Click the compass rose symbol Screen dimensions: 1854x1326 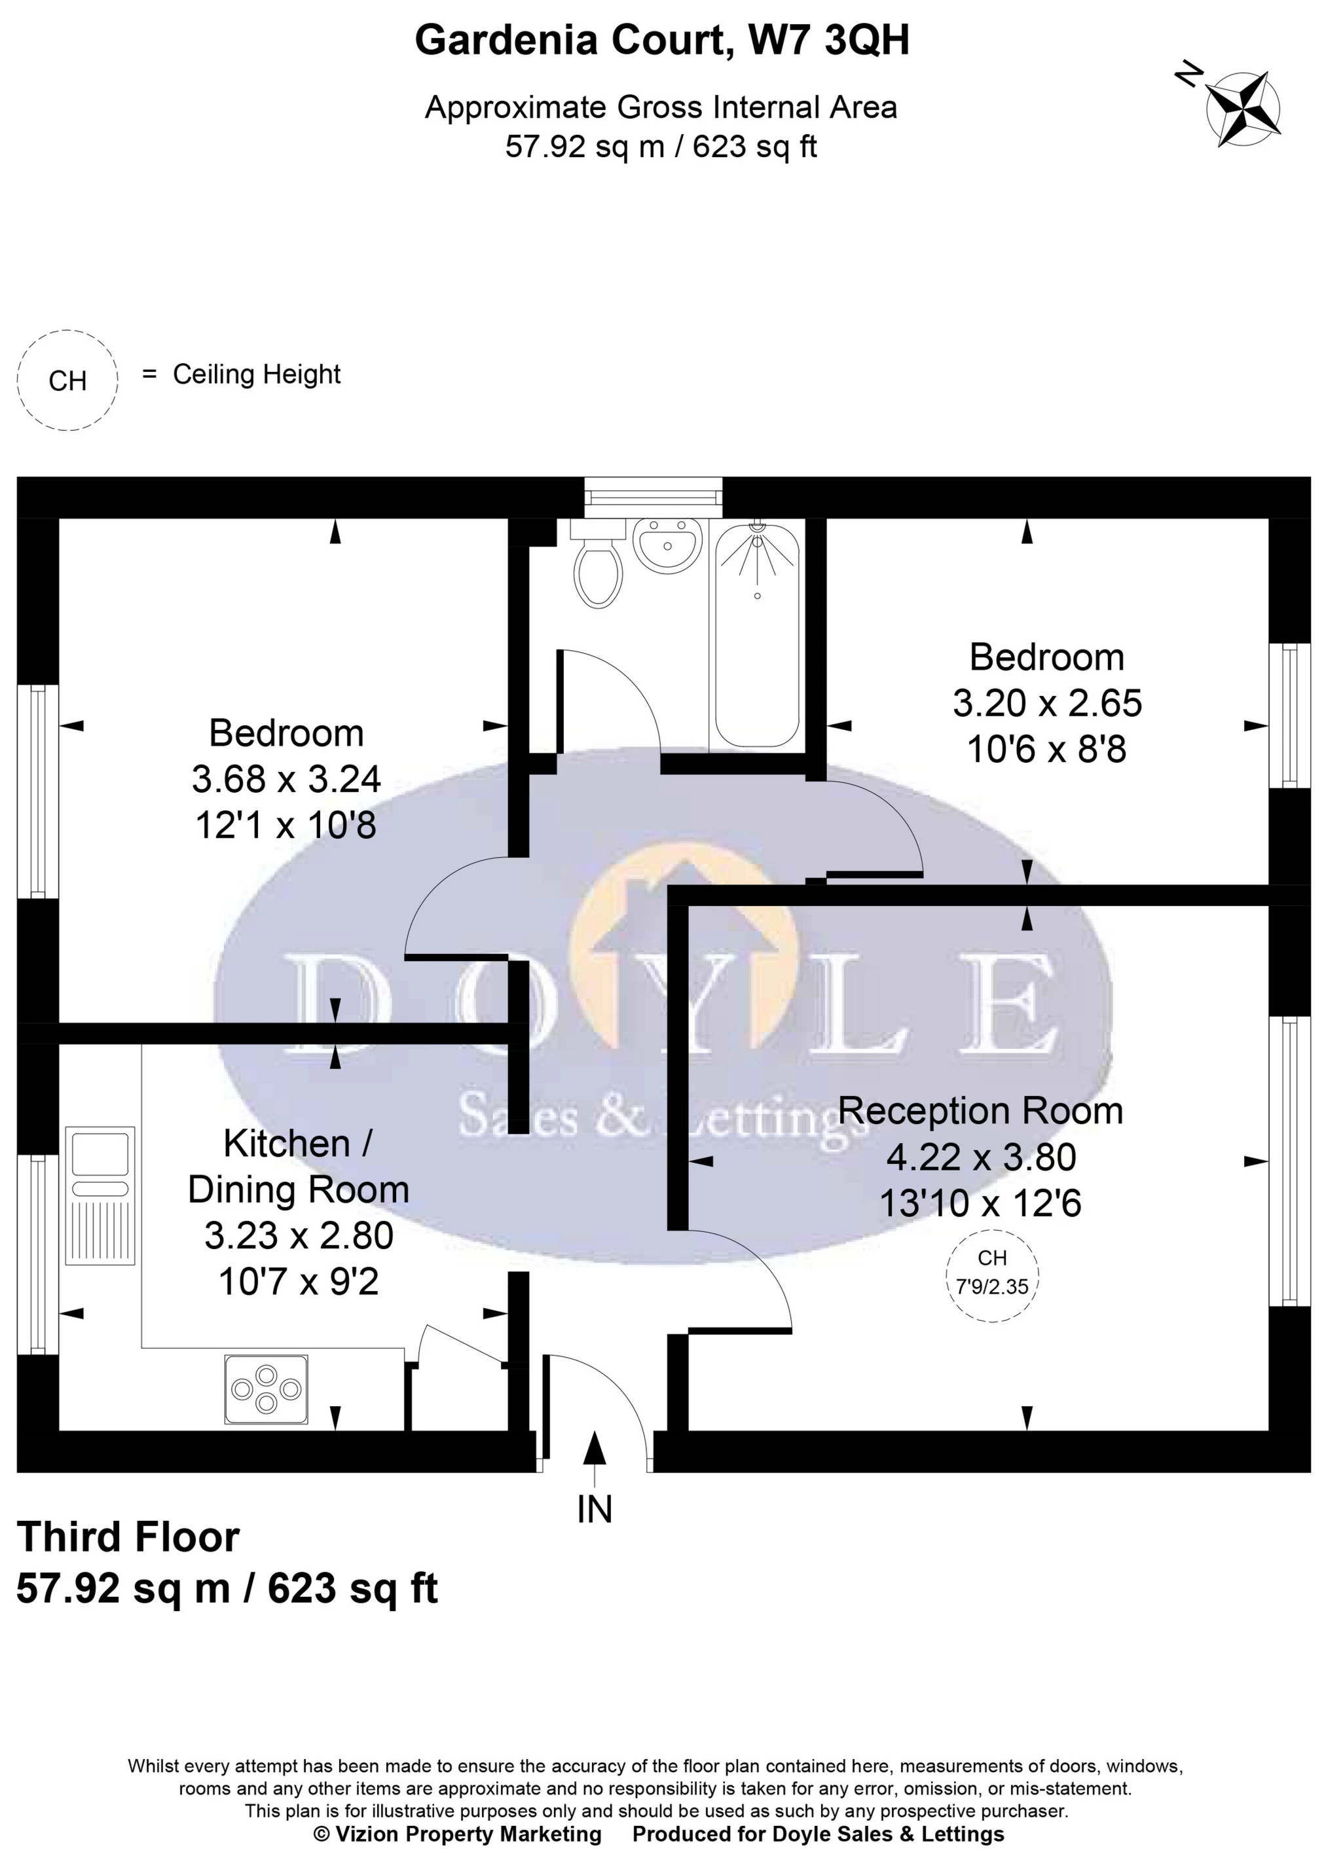(x=1243, y=108)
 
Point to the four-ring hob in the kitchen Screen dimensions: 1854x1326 (x=266, y=1390)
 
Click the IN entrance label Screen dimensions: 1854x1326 (x=595, y=1510)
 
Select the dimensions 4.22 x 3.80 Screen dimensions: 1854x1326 (x=982, y=1157)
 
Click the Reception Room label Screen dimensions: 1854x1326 (x=981, y=1111)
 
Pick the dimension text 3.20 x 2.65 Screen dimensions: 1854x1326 (x=1047, y=703)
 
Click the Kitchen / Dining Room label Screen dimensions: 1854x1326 (x=298, y=1167)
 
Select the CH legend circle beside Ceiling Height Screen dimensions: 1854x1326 (x=67, y=380)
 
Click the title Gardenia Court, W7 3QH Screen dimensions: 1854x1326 (x=661, y=39)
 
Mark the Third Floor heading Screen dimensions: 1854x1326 (x=128, y=1537)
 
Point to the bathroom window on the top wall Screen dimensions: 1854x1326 (x=654, y=497)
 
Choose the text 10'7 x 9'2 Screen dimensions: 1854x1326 (x=298, y=1282)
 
